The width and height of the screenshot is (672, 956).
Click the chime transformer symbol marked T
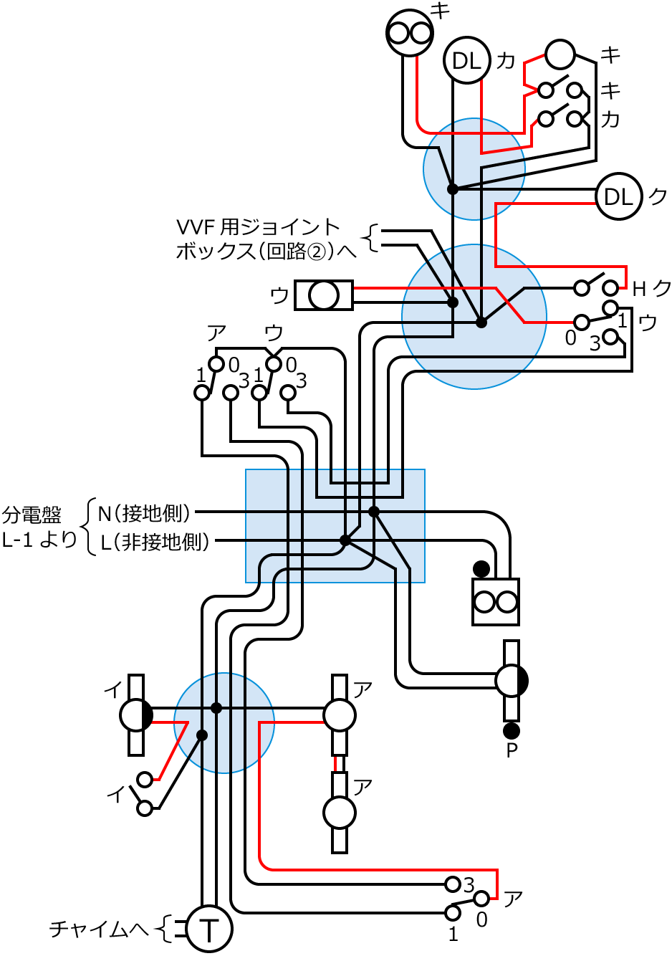pos(209,929)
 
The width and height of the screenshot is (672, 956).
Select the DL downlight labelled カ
pos(467,60)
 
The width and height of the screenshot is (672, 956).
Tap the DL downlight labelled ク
pos(619,196)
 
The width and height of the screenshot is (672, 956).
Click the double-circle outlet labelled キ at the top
pos(411,32)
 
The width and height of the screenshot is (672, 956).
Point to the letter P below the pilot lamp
pos(512,751)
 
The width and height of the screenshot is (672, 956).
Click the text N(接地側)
pos(145,513)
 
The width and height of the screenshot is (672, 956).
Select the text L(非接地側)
pos(154,542)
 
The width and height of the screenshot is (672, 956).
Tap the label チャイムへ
pos(99,929)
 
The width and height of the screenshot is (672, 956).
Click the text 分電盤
pos(32,515)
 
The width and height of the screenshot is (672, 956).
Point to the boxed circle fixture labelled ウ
pos(325,295)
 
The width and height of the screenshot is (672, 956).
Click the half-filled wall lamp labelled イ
pos(135,714)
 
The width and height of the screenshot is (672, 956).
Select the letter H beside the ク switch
pos(639,289)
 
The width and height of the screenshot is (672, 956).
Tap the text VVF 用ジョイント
pos(258,228)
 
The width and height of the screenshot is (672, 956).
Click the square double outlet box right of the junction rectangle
pos(496,602)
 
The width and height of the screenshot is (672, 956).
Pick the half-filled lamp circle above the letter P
pos(512,681)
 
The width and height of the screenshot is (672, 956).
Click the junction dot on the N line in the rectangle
pos(374,511)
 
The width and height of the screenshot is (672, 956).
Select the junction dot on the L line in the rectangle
pos(345,540)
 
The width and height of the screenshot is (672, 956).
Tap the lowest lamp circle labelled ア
pos(340,812)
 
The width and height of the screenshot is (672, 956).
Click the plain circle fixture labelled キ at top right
pos(560,54)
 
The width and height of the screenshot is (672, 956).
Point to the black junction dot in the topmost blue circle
pos(453,189)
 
